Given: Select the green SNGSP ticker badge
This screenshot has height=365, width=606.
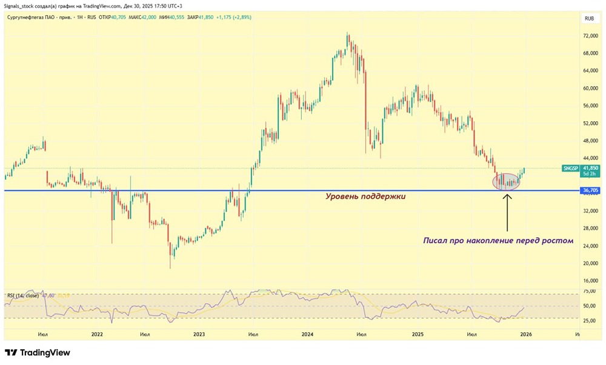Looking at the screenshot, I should click(570, 168).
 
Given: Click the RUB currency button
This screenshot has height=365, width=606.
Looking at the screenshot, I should click(589, 19).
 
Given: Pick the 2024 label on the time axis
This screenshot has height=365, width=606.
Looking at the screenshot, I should click(307, 334).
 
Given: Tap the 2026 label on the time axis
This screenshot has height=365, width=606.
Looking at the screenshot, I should click(526, 334).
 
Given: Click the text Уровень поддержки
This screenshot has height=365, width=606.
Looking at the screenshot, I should click(365, 197).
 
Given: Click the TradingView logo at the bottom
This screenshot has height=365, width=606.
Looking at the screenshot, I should click(38, 353).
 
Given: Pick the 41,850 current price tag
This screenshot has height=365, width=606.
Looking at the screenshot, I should click(590, 168).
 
